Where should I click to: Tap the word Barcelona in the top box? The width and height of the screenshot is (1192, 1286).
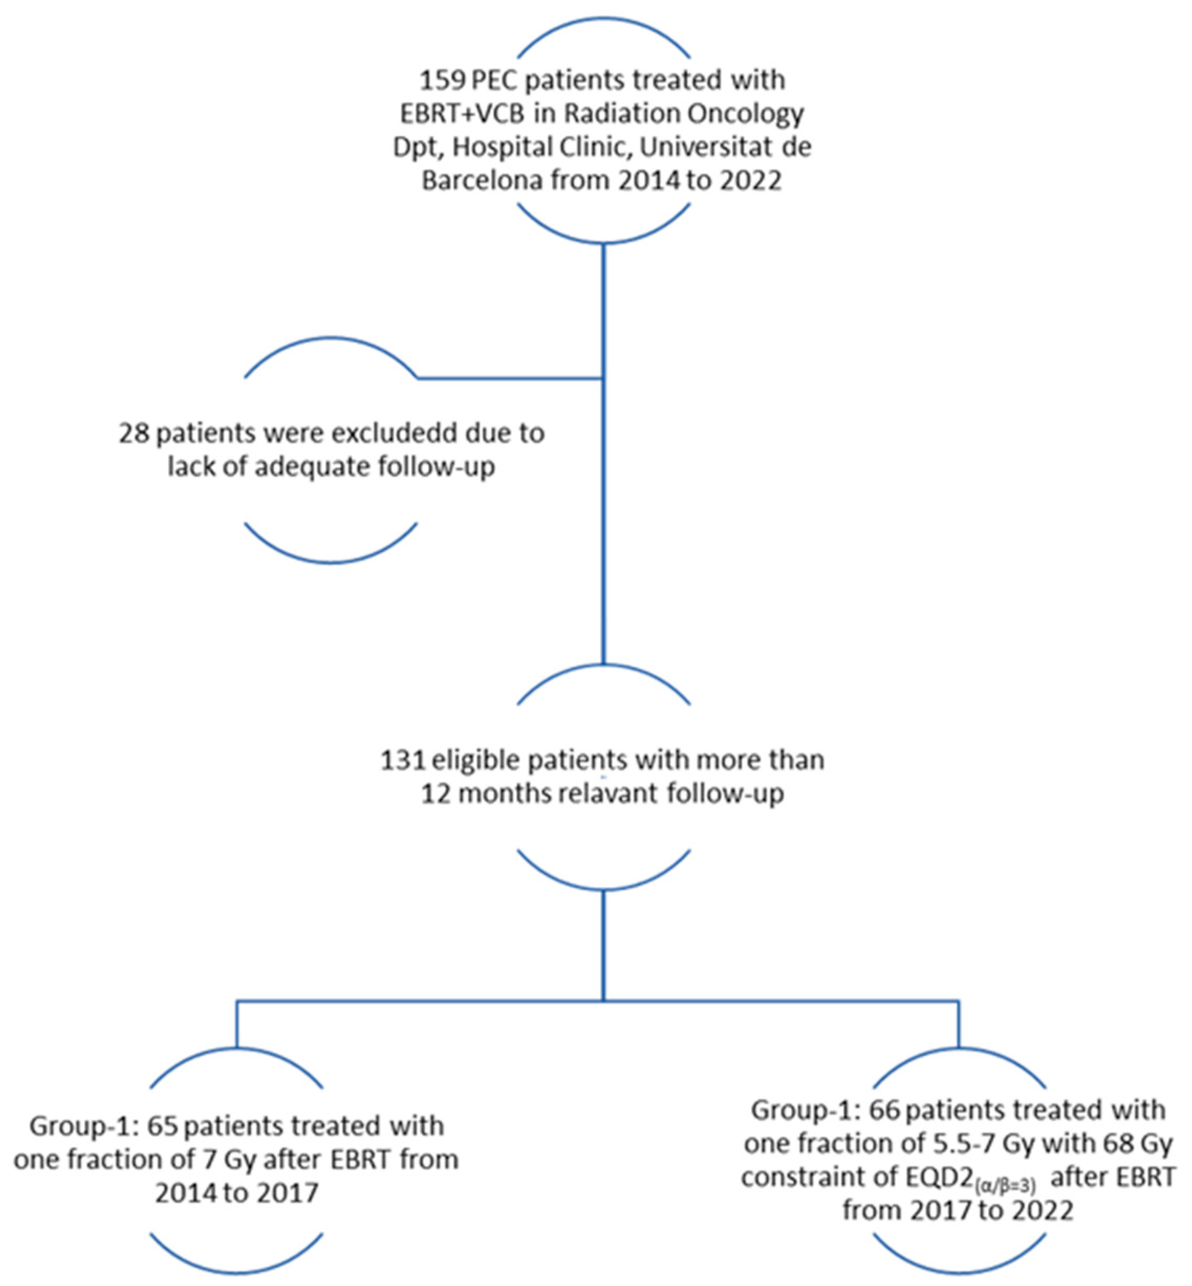(482, 180)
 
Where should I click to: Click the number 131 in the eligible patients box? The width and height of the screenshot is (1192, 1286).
(403, 760)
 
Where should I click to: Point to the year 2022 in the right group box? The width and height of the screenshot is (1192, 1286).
(1042, 1211)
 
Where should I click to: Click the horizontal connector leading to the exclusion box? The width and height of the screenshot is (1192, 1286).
(510, 379)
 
